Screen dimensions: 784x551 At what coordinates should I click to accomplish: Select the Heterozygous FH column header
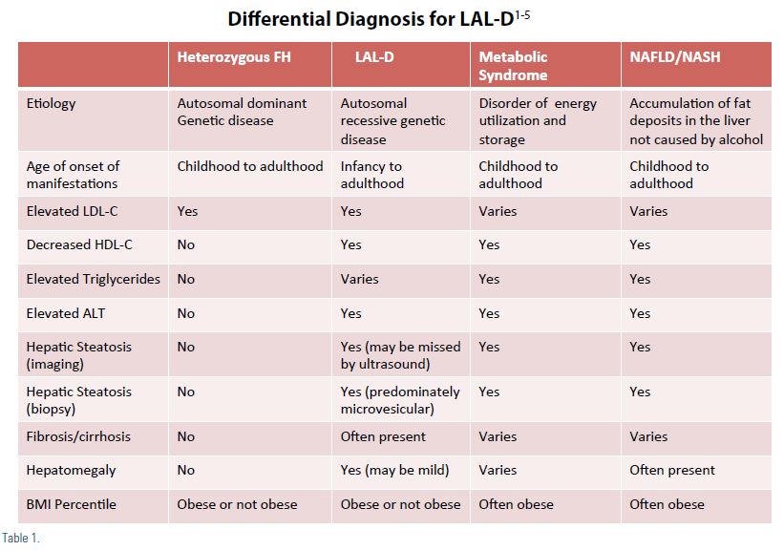point(234,57)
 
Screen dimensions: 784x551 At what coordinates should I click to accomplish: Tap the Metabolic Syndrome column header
point(513,66)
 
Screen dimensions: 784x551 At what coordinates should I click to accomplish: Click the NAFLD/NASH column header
point(674,57)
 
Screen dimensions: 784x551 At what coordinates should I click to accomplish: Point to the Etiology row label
point(51,103)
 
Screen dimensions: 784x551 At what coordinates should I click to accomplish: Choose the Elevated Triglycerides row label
point(93,279)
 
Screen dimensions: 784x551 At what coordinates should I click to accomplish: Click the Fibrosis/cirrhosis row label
point(78,436)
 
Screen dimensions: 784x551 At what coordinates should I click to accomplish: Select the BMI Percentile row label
point(71,504)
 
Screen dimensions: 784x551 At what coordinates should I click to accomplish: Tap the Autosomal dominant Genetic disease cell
point(242,112)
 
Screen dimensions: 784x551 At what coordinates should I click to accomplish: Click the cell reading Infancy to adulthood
point(372,175)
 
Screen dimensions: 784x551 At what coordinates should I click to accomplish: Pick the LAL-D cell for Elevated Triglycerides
point(359,279)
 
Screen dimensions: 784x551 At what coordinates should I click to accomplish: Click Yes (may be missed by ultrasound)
point(400,355)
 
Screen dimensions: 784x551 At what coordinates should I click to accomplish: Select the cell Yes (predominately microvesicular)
point(400,400)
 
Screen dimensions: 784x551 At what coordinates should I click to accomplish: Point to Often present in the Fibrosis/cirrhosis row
point(383,436)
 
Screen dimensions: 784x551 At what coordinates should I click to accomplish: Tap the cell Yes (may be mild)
point(395,470)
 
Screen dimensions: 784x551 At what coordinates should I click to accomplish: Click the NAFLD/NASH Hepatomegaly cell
point(672,470)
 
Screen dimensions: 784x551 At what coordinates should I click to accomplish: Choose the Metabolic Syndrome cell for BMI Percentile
point(516,504)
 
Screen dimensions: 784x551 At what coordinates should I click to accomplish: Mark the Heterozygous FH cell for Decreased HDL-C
point(185,244)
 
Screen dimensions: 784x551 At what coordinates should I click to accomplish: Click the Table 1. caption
point(20,538)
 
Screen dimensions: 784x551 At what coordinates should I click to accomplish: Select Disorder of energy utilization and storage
point(538,121)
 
